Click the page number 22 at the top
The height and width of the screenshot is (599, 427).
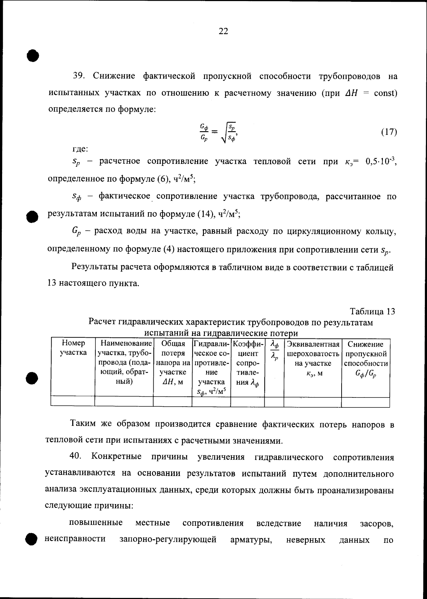223,31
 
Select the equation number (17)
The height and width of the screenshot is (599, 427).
389,132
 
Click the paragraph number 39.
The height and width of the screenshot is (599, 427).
78,76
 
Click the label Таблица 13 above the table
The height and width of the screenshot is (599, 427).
372,311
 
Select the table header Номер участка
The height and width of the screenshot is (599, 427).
73,348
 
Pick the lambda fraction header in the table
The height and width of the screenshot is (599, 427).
274,351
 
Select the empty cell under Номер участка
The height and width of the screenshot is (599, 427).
73,402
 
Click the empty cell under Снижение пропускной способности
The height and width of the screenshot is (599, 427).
365,402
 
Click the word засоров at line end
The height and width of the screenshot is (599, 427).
376,523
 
